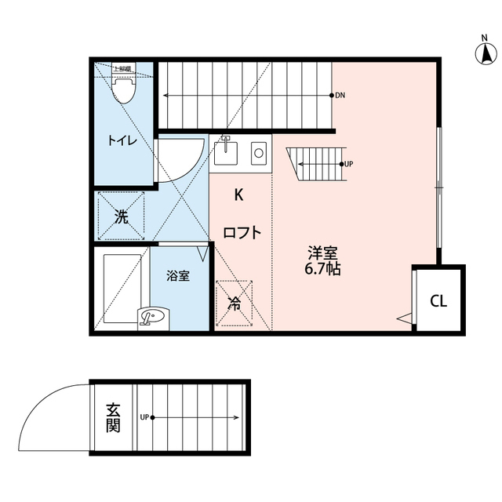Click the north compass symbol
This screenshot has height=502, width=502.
486,53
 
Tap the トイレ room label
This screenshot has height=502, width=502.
122,141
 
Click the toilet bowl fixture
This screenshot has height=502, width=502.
122,91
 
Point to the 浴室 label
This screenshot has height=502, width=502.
177,276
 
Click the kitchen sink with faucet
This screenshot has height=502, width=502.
226,151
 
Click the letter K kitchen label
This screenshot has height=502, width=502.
240,194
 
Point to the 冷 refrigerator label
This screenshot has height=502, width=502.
234,303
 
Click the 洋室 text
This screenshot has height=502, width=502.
322,253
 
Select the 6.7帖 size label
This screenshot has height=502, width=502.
322,268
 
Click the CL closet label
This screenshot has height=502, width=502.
438,301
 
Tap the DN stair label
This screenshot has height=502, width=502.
340,96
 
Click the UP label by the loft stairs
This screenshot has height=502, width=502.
347,165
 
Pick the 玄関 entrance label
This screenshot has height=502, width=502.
113,417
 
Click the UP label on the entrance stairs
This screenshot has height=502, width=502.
144,417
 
